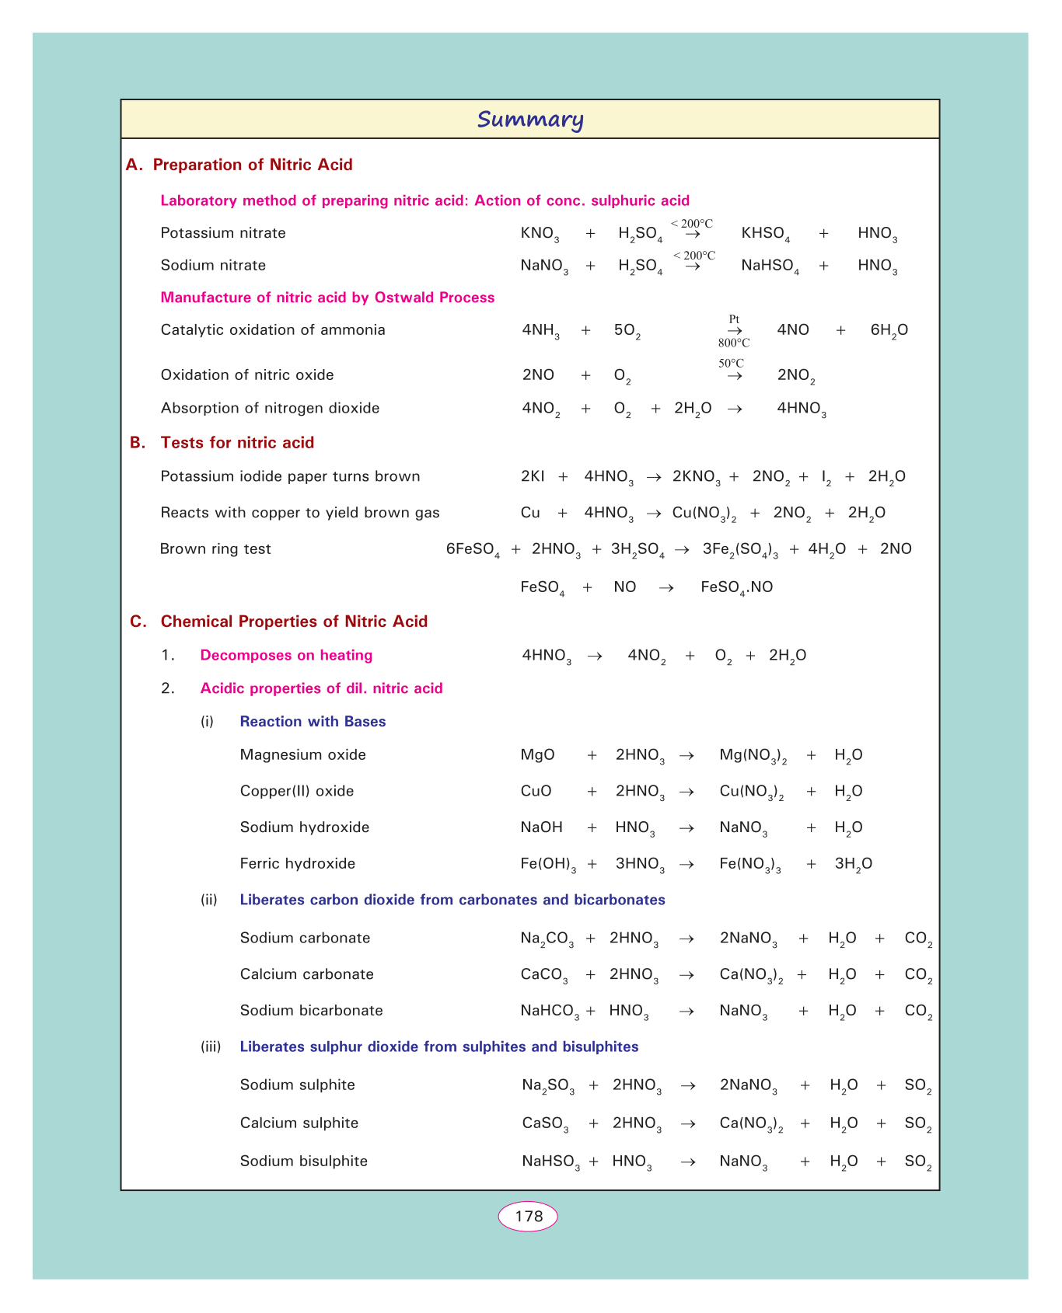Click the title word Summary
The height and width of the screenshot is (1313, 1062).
click(530, 120)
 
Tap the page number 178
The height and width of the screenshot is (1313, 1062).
click(529, 1216)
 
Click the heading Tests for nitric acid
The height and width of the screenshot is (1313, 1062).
click(237, 443)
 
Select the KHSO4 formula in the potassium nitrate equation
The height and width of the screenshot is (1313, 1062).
click(766, 234)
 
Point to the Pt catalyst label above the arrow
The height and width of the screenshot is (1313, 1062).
click(734, 319)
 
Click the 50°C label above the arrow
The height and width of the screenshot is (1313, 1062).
click(731, 363)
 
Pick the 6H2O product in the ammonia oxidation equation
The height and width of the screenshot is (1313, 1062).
click(889, 331)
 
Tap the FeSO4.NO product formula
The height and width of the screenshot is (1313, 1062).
click(736, 588)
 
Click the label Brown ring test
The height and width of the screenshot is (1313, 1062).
click(215, 549)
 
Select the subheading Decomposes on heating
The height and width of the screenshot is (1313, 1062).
click(286, 656)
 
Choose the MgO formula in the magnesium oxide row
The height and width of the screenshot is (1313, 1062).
click(537, 755)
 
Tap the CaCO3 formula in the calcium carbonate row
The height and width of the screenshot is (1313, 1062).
click(544, 975)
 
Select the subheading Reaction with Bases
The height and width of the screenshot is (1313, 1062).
click(313, 722)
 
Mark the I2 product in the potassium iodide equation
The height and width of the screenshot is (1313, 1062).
click(826, 477)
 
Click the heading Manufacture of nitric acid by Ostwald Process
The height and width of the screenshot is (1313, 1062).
click(327, 298)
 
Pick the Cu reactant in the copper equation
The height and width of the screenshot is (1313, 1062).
click(530, 513)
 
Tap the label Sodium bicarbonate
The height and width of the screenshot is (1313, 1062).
click(311, 1011)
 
